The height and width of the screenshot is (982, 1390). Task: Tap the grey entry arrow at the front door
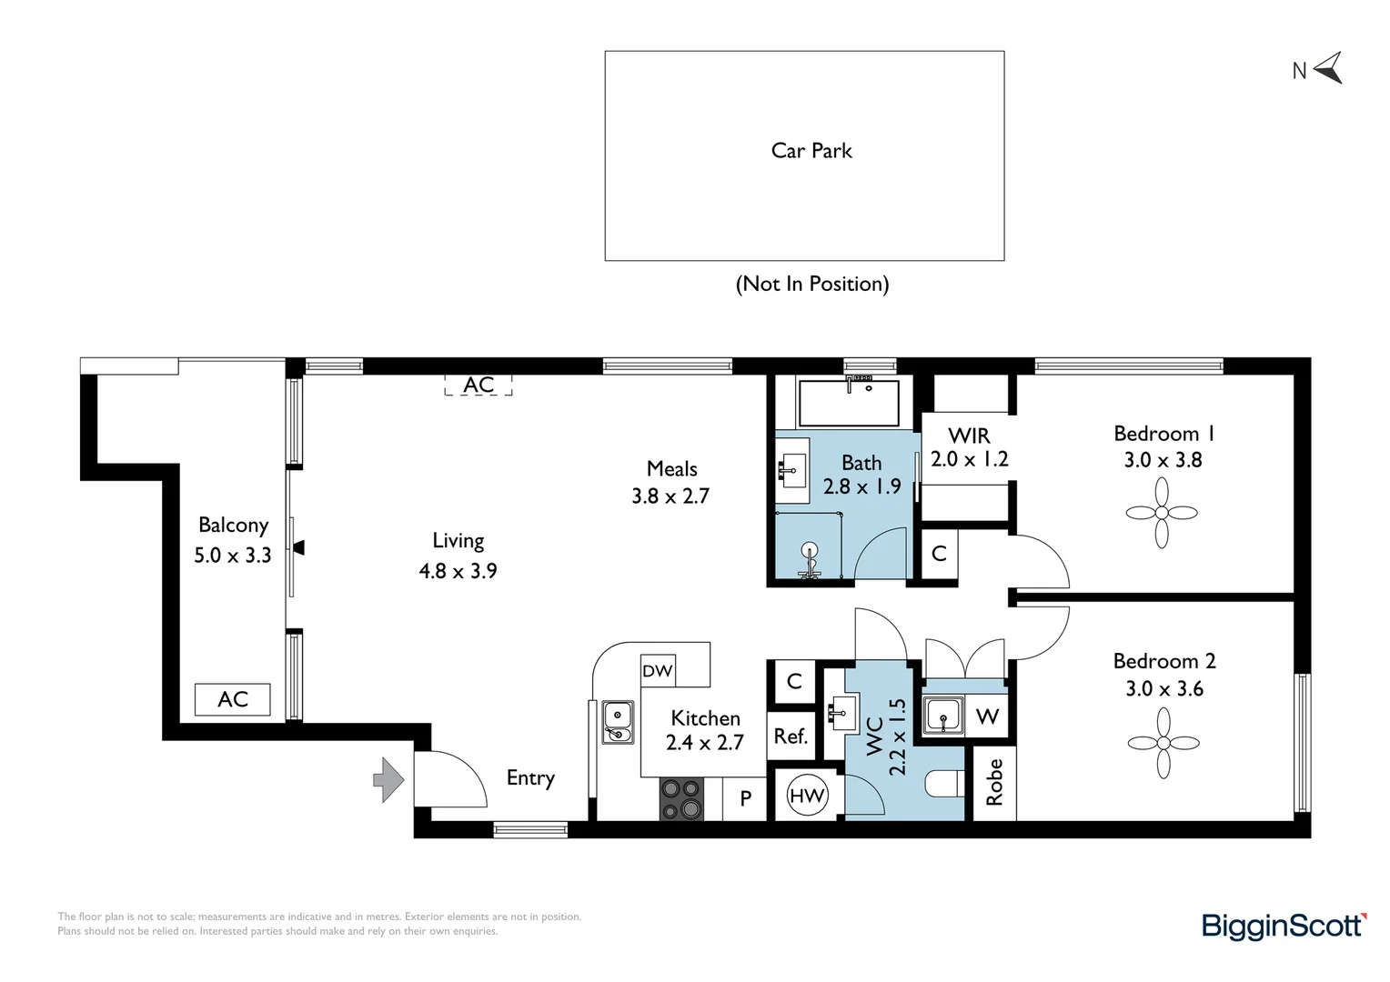click(389, 780)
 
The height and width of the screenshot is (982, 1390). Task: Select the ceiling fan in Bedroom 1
click(1162, 513)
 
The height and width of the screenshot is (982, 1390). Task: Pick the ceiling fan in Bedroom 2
click(1163, 743)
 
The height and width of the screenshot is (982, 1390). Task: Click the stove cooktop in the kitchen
click(681, 799)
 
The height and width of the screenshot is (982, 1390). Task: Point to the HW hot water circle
click(807, 796)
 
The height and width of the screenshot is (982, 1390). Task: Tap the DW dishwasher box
click(658, 671)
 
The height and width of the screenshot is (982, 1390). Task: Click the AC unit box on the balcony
click(233, 699)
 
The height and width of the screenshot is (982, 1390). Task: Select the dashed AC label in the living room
click(478, 385)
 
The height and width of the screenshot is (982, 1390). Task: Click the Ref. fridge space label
click(791, 736)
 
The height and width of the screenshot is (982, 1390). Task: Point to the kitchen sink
click(618, 722)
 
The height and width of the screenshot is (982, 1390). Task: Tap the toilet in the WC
click(943, 784)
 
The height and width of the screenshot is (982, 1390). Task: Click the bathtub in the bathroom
click(848, 403)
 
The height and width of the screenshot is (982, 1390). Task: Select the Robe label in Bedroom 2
click(994, 782)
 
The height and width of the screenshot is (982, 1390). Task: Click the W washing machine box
click(987, 716)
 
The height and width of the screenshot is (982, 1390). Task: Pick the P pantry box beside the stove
click(746, 798)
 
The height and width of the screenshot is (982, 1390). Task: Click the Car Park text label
click(811, 151)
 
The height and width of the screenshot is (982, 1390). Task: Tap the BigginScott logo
click(1284, 926)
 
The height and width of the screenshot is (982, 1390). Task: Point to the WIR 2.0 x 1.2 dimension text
click(969, 459)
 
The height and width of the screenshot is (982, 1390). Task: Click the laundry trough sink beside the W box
click(944, 716)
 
